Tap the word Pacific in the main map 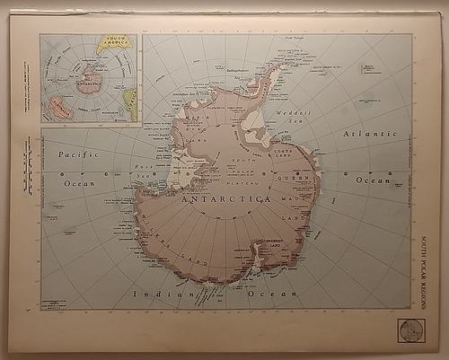click(78, 154)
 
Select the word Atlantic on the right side click(369, 134)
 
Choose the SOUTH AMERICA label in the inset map click(114, 41)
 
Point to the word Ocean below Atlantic click(371, 180)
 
